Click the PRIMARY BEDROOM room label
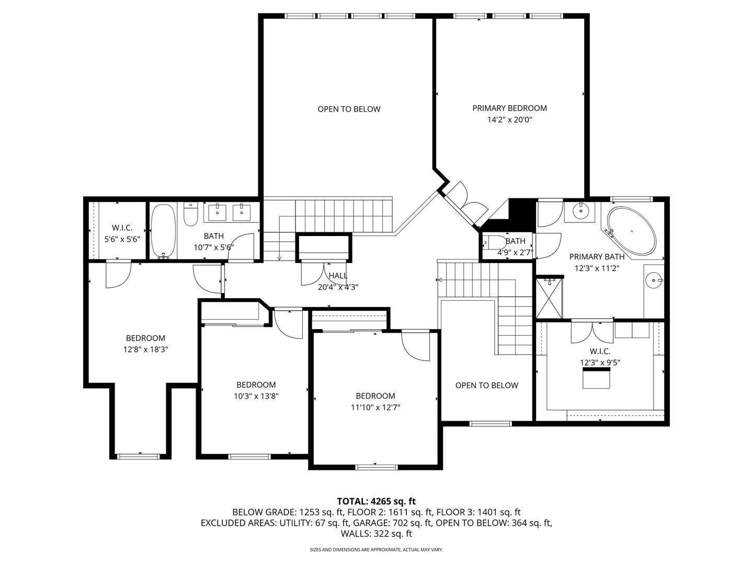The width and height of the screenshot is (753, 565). click(509, 108)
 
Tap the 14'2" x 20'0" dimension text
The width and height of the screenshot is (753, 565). click(509, 120)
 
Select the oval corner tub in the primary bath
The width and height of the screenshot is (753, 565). click(631, 231)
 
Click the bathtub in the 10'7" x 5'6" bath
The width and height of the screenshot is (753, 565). click(163, 231)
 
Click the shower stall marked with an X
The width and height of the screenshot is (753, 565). click(549, 298)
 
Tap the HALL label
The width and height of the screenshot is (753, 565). click(338, 276)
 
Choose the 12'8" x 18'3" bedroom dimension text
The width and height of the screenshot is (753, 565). click(145, 349)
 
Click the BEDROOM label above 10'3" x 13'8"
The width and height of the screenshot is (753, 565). click(256, 385)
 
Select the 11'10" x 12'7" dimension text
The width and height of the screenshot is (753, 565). click(375, 407)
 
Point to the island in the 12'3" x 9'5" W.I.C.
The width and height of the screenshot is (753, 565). click(596, 378)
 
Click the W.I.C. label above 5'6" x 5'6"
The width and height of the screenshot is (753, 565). click(122, 228)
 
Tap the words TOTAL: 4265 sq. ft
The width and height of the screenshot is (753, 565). click(376, 501)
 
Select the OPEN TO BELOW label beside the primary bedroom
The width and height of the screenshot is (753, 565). click(349, 109)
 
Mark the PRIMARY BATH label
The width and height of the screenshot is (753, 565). click(597, 256)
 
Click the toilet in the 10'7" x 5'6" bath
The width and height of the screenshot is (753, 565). click(191, 214)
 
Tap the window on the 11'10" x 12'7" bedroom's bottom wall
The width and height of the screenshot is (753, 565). click(376, 467)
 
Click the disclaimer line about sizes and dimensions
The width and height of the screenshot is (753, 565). click(376, 549)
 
